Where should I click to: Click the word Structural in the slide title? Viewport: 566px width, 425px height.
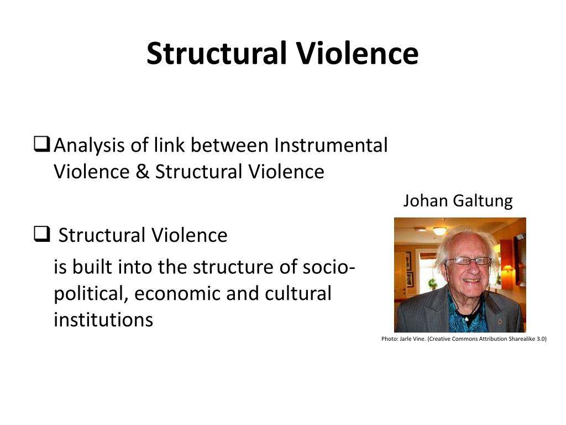217,54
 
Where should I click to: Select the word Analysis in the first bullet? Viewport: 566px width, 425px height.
90,146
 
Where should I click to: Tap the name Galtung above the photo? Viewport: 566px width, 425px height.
483,200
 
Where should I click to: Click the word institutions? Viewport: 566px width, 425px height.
103,319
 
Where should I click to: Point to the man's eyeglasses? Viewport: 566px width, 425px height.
468,261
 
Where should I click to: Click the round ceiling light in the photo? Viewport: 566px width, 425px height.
440,230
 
